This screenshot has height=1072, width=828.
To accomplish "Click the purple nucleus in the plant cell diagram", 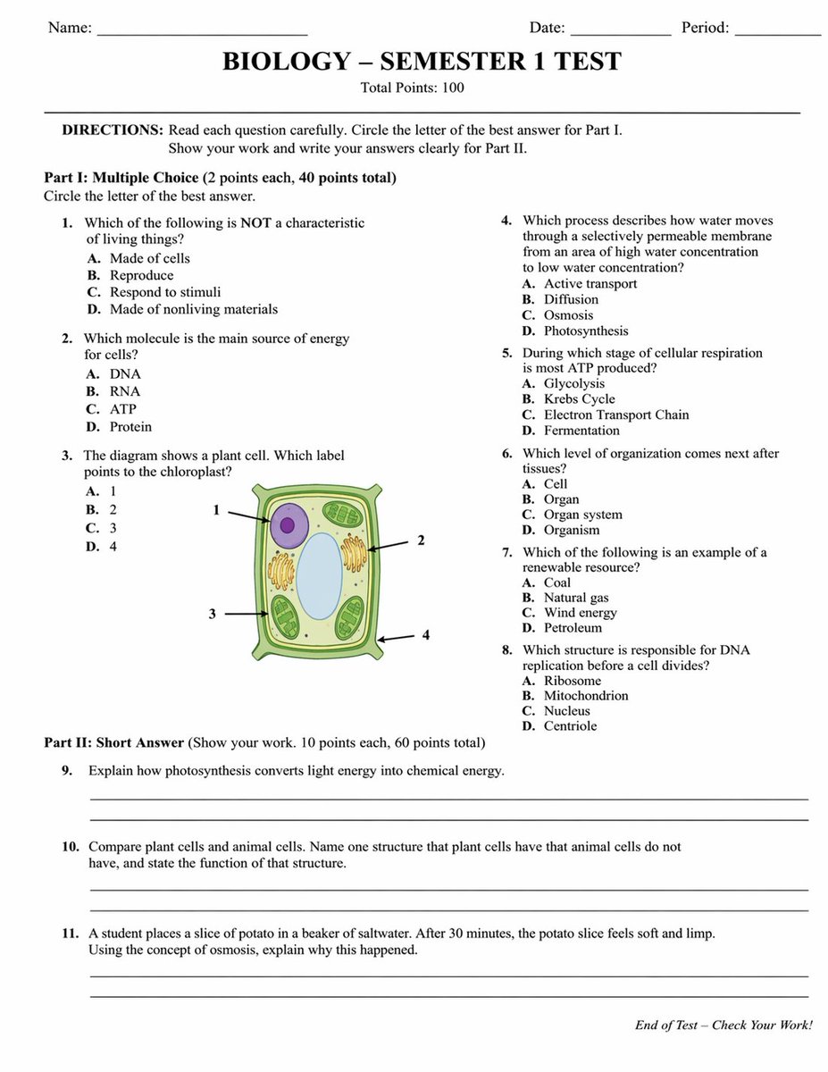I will (288, 524).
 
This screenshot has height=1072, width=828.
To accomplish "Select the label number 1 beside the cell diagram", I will (216, 510).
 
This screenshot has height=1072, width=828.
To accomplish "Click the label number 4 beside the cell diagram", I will (426, 635).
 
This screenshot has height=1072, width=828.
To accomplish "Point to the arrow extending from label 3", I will (246, 615).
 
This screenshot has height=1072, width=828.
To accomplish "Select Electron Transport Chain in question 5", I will (615, 415).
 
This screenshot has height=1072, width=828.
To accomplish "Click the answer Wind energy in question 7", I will (580, 613).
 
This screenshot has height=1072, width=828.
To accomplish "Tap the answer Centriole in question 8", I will (570, 726).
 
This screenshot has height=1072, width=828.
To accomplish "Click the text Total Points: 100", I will (412, 88).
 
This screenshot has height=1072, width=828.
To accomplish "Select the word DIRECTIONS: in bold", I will (113, 130).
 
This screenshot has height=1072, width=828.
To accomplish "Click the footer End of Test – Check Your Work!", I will (723, 1026).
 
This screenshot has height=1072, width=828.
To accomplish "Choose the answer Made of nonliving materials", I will (193, 309).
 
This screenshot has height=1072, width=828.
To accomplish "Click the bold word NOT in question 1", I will (255, 222).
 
